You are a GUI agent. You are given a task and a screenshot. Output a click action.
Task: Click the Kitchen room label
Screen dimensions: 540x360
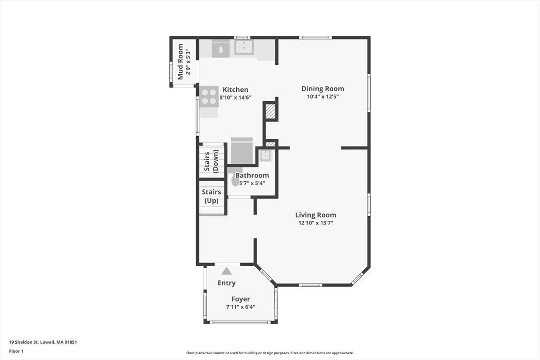[235, 90]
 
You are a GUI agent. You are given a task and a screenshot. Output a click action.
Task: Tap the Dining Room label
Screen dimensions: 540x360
[323, 89]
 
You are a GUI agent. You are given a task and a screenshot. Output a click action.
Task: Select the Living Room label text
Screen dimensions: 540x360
[315, 215]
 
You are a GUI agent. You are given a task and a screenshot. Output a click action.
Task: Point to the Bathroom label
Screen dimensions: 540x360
[252, 175]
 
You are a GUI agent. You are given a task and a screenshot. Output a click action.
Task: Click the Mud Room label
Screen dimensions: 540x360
[180, 62]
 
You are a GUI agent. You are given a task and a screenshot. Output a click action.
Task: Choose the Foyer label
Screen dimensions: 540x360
[240, 299]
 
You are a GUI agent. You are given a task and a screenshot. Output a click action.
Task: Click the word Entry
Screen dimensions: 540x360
[227, 283]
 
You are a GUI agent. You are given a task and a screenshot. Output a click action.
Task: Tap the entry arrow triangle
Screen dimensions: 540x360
[226, 271]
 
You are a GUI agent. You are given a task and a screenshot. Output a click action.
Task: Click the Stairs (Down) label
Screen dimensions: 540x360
[211, 161]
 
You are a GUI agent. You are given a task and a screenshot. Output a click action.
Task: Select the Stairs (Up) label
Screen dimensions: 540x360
[211, 196]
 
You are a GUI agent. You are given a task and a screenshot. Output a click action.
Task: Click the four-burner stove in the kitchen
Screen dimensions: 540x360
[209, 96]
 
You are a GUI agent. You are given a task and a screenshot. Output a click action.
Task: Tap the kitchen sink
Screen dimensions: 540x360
[244, 47]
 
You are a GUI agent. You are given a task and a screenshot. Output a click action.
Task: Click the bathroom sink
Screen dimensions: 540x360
[265, 155]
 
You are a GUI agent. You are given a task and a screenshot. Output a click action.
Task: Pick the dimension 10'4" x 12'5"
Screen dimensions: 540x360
[323, 96]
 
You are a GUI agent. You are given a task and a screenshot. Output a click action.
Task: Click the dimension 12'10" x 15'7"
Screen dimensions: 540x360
[315, 223]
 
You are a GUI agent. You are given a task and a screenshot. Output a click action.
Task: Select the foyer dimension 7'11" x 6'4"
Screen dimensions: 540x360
[240, 307]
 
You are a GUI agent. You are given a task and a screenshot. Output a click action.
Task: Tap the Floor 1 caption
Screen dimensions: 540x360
[16, 351]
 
